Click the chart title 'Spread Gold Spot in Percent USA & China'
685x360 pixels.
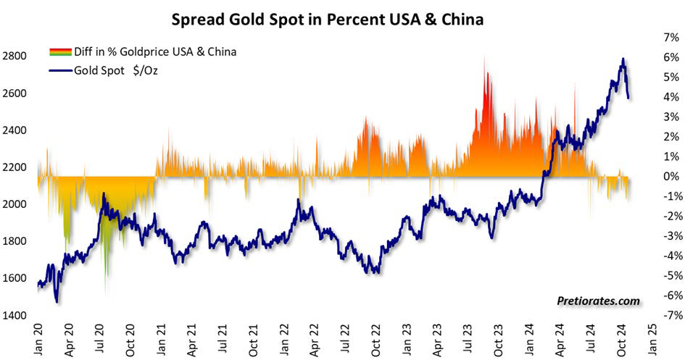[x=327, y=20]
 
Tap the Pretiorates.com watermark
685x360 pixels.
[x=599, y=301]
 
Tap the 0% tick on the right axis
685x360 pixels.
[x=668, y=176]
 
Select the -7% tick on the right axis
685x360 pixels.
[x=666, y=315]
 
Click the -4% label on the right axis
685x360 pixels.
[x=666, y=256]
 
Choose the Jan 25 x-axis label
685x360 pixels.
[x=653, y=339]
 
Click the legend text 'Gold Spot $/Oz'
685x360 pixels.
[x=115, y=71]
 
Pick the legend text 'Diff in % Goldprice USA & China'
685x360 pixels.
[x=155, y=51]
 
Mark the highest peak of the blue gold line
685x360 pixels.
[x=623, y=59]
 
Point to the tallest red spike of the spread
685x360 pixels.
[x=484, y=58]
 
